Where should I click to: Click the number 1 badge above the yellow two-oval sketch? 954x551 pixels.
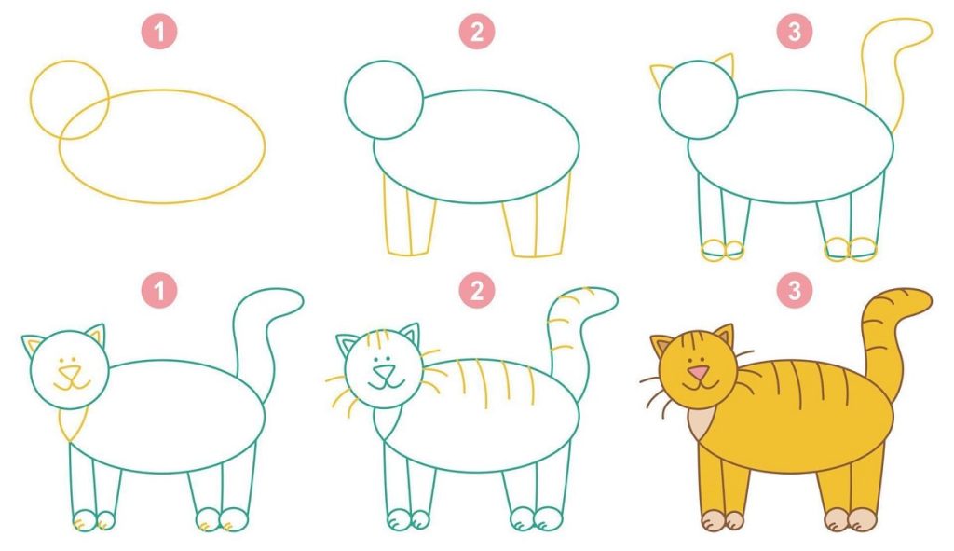tap(159, 32)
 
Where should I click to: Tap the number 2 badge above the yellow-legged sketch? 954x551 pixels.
tap(477, 32)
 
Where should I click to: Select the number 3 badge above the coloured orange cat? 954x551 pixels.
tap(795, 290)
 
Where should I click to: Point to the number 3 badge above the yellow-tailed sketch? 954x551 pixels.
tap(795, 32)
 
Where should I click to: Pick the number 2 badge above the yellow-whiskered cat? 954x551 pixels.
tap(477, 290)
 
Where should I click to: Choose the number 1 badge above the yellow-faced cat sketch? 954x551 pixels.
tap(159, 290)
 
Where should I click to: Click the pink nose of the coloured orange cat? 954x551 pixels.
tap(699, 372)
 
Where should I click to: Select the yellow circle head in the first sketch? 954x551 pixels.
tap(31, 100)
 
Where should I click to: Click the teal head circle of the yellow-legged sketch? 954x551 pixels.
tap(345, 100)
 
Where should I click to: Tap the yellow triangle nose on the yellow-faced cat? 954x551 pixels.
tap(69, 372)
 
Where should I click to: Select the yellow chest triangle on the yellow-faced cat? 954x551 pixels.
tap(74, 424)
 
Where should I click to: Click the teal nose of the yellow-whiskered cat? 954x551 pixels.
tap(384, 372)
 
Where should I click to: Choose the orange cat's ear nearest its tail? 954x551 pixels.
tap(725, 336)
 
